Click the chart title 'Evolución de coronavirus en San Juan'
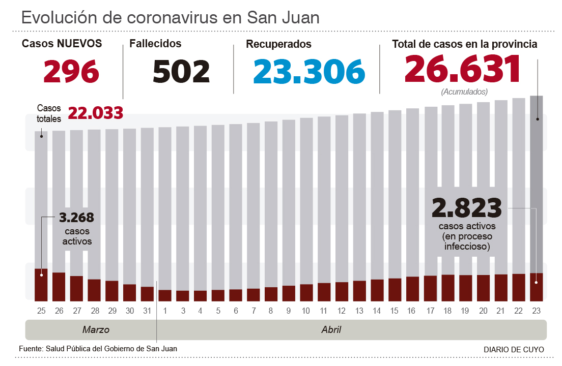[x=170, y=18]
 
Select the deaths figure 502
[x=181, y=71]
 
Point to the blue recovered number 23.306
[x=309, y=71]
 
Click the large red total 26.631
[x=463, y=69]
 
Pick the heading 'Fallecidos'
[x=155, y=44]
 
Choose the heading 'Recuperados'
[x=278, y=45]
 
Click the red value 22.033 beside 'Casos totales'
[x=95, y=113]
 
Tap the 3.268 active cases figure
[x=77, y=218]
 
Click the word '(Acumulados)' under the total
[x=464, y=92]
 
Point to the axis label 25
[x=41, y=311]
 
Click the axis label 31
[x=147, y=311]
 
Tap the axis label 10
[x=306, y=311]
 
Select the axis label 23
[x=536, y=311]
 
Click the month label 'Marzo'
[x=96, y=330]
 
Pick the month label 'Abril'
[x=331, y=330]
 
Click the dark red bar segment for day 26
[x=59, y=287]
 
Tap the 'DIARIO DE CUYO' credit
[x=514, y=350]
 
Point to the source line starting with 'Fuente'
[x=98, y=349]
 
